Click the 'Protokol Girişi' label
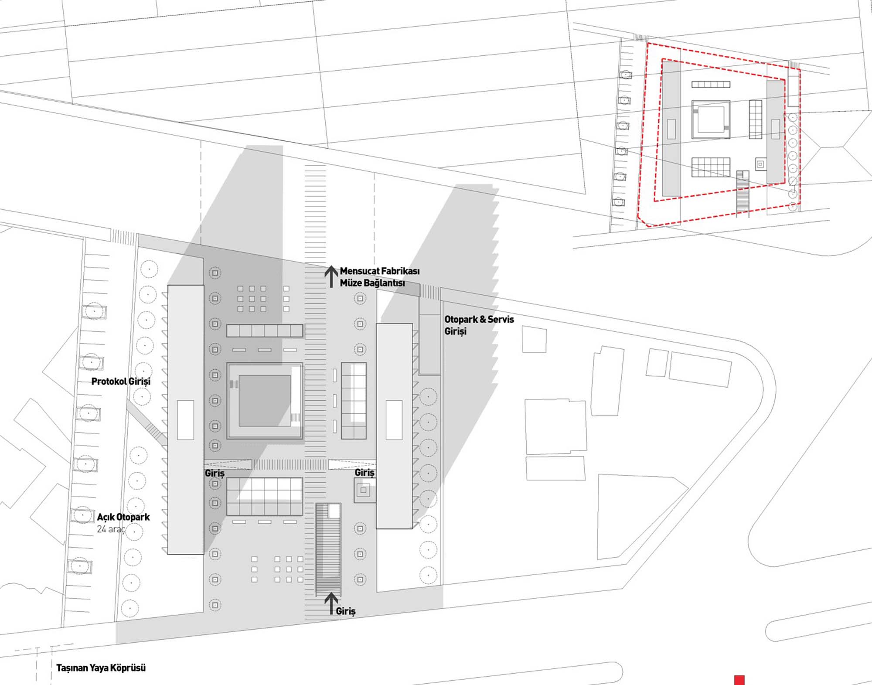click(x=121, y=382)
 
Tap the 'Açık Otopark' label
click(x=123, y=517)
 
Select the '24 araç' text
click(x=111, y=529)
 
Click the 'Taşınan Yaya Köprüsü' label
click(x=101, y=668)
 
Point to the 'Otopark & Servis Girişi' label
click(x=479, y=325)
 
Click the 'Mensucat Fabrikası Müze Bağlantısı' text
click(x=380, y=277)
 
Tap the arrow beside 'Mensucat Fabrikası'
click(x=331, y=276)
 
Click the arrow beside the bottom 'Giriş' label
click(x=331, y=603)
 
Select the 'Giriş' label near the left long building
click(x=215, y=474)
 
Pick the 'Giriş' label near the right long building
click(x=364, y=473)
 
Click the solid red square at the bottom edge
click(x=739, y=680)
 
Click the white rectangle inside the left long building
click(x=185, y=420)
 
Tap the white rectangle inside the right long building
click(x=394, y=420)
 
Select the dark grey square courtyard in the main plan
click(x=265, y=401)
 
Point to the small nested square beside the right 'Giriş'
click(x=364, y=491)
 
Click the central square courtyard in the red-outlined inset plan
click(x=711, y=119)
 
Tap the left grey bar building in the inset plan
click(x=671, y=129)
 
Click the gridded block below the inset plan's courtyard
click(x=711, y=167)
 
